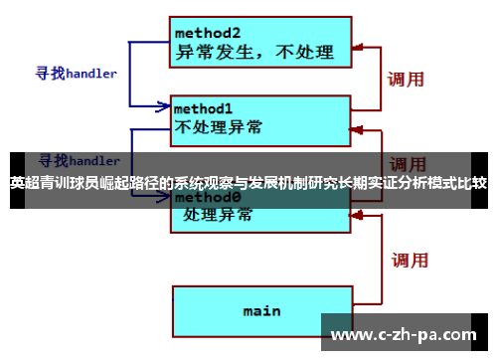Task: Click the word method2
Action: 209,30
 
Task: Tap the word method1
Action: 205,107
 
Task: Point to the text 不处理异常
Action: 219,126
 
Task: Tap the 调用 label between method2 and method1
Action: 407,79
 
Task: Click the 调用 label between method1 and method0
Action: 409,164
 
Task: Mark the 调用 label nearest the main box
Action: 409,261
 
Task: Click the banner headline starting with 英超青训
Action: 248,183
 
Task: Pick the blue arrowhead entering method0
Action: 163,198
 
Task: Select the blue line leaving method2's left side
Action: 149,43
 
